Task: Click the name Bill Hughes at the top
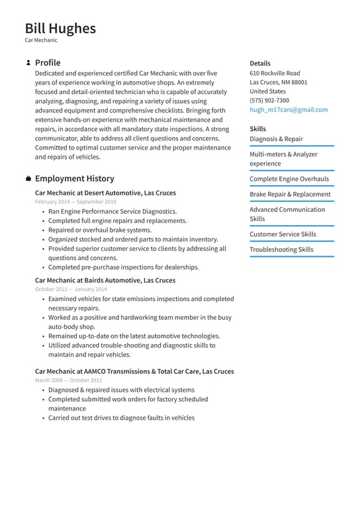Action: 60,28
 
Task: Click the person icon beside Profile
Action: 28,63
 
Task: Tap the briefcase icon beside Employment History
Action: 28,179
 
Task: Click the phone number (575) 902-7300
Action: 269,101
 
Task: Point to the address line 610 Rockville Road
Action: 275,73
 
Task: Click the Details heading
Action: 260,63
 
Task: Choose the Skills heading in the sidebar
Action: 257,129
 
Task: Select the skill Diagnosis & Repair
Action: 276,139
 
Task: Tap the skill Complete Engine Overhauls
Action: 289,179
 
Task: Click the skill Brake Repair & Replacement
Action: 290,194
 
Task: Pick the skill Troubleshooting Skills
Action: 281,250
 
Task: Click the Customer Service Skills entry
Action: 283,234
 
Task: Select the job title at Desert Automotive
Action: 105,193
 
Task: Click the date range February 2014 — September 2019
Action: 75,202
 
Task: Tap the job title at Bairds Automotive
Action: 105,280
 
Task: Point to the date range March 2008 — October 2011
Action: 68,381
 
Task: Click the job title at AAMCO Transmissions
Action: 134,371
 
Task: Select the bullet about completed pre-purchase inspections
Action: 123,267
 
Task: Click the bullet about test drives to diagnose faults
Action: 121,418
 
